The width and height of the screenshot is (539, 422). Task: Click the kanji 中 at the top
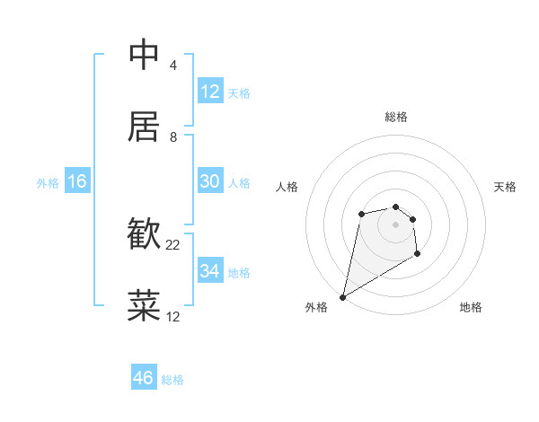[x=144, y=56]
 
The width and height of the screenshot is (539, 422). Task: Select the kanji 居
[x=144, y=127]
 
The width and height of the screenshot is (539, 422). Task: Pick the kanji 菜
[x=144, y=306]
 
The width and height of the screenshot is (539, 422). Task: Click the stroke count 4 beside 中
[x=172, y=66]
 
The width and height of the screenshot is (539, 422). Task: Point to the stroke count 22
[x=173, y=245]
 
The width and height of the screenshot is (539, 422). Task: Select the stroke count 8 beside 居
[x=172, y=136]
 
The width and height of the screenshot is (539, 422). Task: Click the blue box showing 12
[x=210, y=92]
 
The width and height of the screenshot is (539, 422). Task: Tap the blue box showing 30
[x=210, y=181]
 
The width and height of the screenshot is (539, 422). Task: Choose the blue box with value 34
[x=210, y=271]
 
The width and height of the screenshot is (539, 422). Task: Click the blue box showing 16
[x=77, y=181]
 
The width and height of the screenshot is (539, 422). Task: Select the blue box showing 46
[x=144, y=378]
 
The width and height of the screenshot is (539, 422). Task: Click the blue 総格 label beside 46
[x=172, y=380]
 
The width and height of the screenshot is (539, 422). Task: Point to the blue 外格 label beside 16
[x=48, y=183]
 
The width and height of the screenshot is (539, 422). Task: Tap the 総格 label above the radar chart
[x=396, y=117]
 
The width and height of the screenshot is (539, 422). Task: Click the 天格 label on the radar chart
[x=505, y=187]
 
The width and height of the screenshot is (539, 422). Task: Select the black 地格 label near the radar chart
[x=471, y=307]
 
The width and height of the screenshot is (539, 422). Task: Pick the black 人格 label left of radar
[x=287, y=187]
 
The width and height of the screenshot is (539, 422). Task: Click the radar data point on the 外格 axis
[x=342, y=296]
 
